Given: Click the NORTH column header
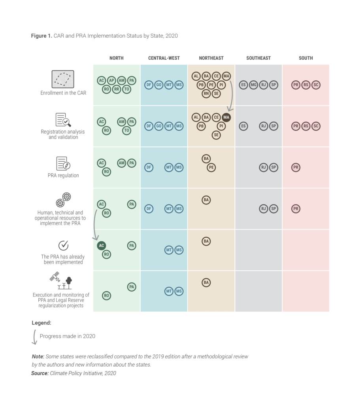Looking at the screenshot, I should (x=116, y=58).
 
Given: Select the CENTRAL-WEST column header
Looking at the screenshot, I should (x=164, y=58).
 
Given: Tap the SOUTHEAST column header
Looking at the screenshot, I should (x=258, y=58).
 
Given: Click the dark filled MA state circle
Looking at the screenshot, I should (x=226, y=117).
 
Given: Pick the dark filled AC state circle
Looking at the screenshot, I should (x=102, y=245).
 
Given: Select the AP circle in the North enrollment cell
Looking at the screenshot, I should (x=111, y=81).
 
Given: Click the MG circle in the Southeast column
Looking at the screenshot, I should (x=253, y=85).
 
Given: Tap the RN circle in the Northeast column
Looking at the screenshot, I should (x=206, y=94).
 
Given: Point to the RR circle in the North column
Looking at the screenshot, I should (x=117, y=89).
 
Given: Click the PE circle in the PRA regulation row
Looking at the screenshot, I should (x=211, y=167).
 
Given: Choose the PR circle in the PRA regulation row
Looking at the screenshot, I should (x=296, y=167).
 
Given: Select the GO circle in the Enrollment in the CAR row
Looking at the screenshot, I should (x=159, y=85).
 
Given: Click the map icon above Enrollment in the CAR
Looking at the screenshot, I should (x=63, y=79).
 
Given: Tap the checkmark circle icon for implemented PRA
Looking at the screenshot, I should (x=63, y=245).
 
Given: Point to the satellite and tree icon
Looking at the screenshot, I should (x=61, y=281).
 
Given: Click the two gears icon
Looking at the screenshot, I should (x=63, y=200).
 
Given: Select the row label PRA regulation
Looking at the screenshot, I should (x=63, y=176).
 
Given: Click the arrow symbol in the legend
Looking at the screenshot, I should (x=34, y=337).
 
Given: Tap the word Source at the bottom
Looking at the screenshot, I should (x=40, y=373).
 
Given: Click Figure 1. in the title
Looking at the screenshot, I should (x=41, y=36).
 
